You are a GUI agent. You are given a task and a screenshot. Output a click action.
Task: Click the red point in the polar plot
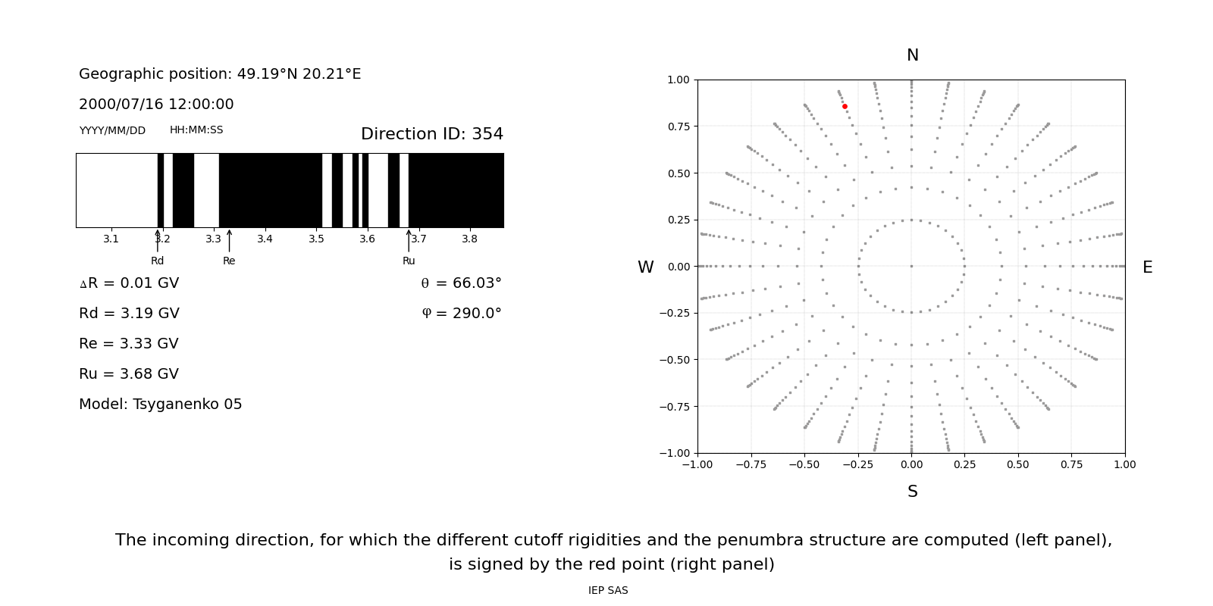click(845, 107)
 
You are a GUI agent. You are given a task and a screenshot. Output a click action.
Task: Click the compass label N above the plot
click(912, 55)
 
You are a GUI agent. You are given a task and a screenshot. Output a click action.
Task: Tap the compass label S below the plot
click(912, 492)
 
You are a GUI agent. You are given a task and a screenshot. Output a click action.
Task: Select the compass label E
click(1147, 267)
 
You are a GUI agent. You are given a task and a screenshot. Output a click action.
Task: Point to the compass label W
click(645, 267)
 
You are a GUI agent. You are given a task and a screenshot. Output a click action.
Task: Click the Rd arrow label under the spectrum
click(157, 261)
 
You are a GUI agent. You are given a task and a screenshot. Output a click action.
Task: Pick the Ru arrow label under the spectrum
click(409, 261)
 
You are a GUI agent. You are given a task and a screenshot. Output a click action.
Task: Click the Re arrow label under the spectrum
click(229, 261)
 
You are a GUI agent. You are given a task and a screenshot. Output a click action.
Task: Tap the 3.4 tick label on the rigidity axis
click(265, 239)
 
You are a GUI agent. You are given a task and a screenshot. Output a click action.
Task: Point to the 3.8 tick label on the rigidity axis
click(469, 239)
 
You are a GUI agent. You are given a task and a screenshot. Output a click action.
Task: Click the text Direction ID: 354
click(431, 134)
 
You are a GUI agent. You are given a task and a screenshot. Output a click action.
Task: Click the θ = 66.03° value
click(461, 283)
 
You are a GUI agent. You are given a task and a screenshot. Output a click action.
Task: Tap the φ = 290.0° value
click(462, 314)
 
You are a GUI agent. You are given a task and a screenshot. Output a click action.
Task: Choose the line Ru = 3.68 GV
click(129, 374)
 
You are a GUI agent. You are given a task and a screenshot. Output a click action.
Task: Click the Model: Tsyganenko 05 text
click(161, 405)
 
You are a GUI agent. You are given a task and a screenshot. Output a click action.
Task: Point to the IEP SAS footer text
click(608, 590)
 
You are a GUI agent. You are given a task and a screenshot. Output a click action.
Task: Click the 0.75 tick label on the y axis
click(678, 127)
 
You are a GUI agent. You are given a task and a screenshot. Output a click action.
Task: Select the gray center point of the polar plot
click(911, 266)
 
